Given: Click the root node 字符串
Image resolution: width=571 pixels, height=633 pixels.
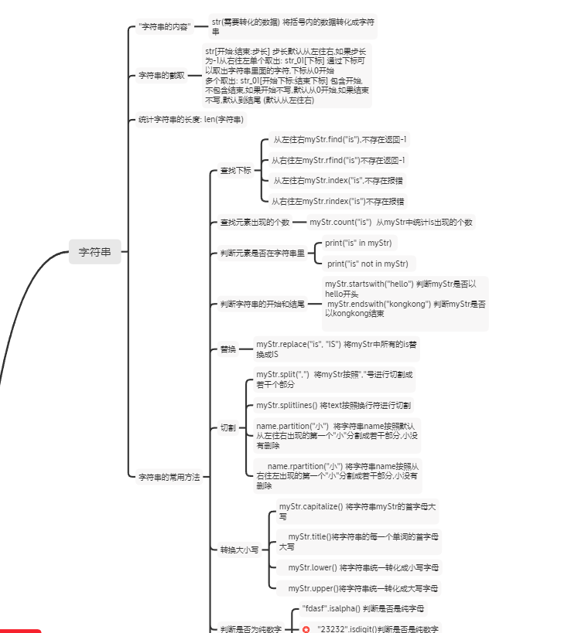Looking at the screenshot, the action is pos(95,252).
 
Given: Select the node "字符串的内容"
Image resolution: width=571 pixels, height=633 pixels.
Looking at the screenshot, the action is pos(164,28).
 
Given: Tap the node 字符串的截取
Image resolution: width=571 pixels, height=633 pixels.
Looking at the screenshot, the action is pos(162,76).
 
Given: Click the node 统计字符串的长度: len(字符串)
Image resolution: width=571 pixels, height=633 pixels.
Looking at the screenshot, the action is pos(191,120).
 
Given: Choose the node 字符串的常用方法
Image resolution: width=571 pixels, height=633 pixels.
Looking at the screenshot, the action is pos(169,478).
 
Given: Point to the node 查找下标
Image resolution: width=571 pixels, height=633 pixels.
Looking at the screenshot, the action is pos(236,170).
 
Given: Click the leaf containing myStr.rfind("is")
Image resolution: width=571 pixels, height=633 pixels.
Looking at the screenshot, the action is pos(338,161).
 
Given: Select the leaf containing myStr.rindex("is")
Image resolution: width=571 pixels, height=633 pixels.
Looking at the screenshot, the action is pos(338,202).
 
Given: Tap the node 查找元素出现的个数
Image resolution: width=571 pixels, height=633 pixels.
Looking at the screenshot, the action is pos(255,223).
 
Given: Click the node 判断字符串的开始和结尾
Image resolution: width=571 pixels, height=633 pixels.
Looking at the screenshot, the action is pos(262,305).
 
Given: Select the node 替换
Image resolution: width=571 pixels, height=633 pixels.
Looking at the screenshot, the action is pos(227,349).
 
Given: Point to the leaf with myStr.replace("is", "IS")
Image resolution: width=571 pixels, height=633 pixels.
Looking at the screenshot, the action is pos(337,349).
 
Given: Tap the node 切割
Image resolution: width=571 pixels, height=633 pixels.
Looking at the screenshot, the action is pos(227,428).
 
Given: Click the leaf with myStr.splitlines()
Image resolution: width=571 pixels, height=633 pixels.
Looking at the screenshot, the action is pos(333,405).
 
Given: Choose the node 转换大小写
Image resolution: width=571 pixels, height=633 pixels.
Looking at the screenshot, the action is pos(239,550).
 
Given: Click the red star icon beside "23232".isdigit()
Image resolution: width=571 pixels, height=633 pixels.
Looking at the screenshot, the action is pos(306,630).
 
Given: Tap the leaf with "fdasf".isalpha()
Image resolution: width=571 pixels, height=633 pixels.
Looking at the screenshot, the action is pos(362,609).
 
